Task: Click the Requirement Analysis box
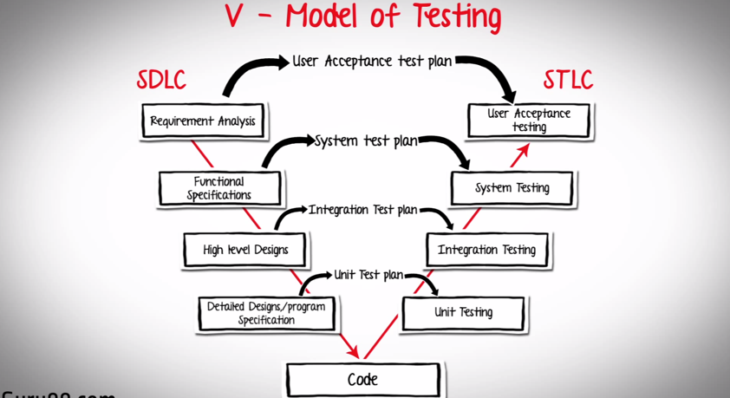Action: (202, 121)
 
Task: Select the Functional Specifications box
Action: (219, 188)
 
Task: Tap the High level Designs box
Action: (246, 250)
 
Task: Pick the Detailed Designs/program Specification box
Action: (266, 313)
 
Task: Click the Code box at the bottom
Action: (362, 380)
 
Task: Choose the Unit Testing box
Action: (463, 313)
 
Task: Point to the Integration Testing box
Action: (486, 250)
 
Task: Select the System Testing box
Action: (512, 188)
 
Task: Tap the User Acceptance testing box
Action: (529, 121)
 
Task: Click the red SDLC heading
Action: (161, 80)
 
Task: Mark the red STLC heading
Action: (568, 80)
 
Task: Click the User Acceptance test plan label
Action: (372, 62)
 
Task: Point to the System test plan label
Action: (367, 140)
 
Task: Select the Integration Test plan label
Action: (363, 210)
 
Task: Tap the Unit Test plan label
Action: (368, 276)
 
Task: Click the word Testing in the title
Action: (447, 17)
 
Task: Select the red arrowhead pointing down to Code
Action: (351, 351)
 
